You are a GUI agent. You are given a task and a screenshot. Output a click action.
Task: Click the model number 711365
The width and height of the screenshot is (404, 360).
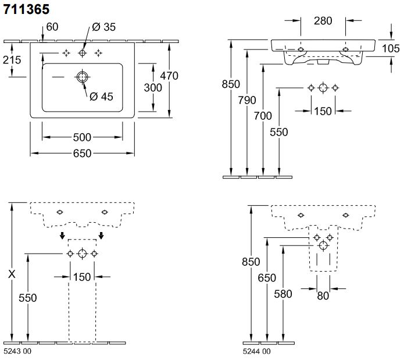[26, 9]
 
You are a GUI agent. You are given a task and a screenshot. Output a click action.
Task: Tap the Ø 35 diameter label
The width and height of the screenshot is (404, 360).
[103, 27]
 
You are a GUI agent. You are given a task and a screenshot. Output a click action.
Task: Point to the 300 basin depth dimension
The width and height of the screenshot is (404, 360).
[153, 87]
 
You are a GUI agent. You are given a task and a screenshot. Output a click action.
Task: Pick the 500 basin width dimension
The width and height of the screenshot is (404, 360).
[82, 137]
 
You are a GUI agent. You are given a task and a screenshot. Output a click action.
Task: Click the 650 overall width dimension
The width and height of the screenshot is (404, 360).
[82, 154]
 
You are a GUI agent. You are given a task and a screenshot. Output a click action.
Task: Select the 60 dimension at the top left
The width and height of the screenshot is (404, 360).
[52, 27]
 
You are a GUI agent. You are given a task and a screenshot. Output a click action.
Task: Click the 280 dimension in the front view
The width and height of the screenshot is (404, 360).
[323, 22]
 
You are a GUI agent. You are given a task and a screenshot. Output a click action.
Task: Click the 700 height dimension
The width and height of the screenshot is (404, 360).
[263, 116]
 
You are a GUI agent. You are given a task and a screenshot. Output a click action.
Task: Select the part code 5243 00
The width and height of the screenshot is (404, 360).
[17, 351]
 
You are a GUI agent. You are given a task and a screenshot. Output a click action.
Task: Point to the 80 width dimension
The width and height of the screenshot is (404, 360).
[323, 295]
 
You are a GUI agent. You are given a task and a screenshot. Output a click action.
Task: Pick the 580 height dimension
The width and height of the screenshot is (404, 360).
[283, 294]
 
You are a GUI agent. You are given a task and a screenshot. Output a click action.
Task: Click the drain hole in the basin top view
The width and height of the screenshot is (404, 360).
[82, 77]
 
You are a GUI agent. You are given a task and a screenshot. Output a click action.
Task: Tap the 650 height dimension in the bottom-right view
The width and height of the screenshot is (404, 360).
[267, 278]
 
